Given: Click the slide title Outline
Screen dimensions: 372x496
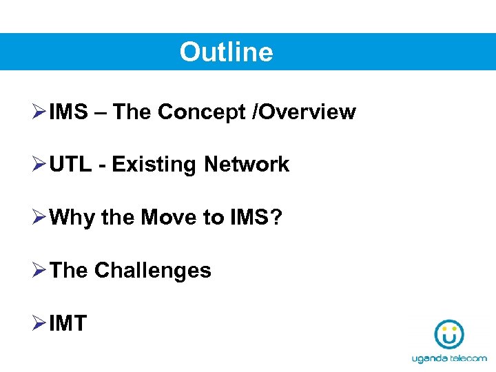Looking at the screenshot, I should (x=226, y=52).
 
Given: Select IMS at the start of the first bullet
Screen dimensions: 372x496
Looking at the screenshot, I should (x=69, y=112).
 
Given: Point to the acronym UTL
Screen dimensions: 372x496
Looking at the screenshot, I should (x=71, y=165).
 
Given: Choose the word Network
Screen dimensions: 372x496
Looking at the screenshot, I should (x=247, y=165).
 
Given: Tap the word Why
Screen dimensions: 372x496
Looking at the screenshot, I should (x=72, y=218).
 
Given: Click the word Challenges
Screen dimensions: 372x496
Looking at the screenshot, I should (x=152, y=270).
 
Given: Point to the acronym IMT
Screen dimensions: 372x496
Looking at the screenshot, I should (x=68, y=323).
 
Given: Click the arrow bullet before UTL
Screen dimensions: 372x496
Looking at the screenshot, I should (x=39, y=165).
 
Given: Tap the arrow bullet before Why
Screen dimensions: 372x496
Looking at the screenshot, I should (x=39, y=218).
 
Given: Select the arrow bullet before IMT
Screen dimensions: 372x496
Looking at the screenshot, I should (x=39, y=323).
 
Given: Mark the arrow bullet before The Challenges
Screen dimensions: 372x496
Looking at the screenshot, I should (x=39, y=270).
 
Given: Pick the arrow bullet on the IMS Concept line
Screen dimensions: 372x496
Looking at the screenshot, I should (x=39, y=112).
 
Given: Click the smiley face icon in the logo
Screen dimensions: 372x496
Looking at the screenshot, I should (x=449, y=333).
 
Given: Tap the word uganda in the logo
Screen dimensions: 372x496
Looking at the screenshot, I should (x=430, y=358).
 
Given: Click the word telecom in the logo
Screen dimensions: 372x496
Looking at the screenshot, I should (x=468, y=358).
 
